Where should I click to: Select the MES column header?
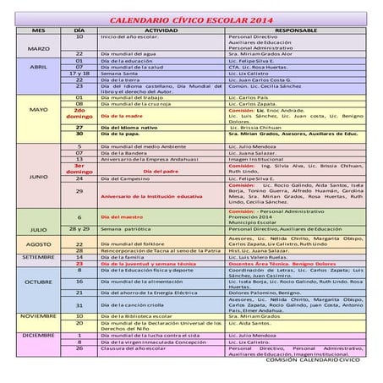[x=38, y=30]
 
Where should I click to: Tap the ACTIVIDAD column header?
[x=161, y=30]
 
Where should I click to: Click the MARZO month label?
[x=38, y=49]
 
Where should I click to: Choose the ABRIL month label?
[x=38, y=67]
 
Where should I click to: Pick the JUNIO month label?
[x=38, y=178]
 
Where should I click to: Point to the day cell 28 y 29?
[x=79, y=229]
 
